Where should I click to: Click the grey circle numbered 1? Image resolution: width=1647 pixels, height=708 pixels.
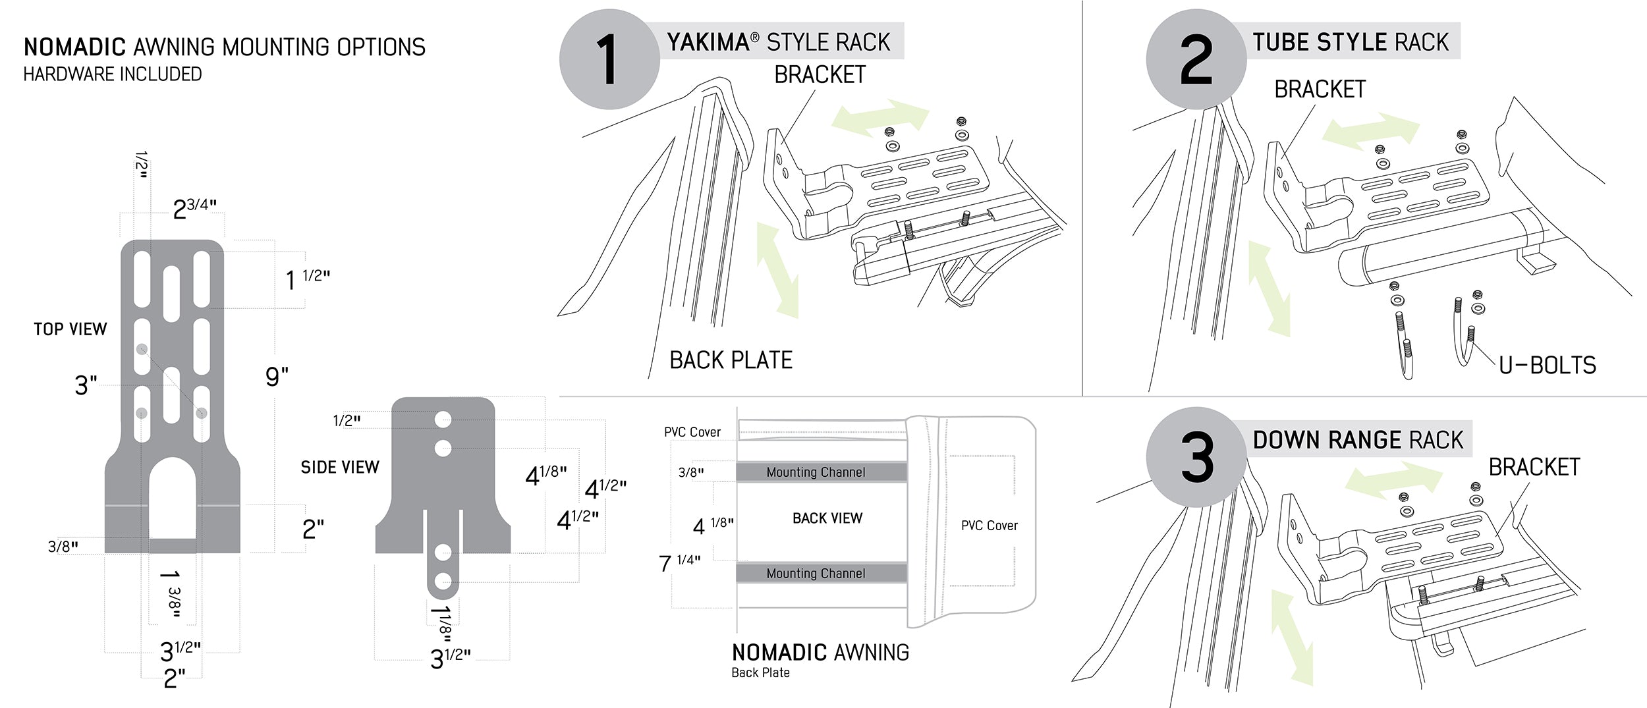[609, 59]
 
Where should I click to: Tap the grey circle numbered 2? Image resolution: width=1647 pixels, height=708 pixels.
[1196, 59]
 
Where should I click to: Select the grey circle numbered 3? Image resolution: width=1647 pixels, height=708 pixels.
[1196, 457]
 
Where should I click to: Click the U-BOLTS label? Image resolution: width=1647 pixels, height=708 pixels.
[1547, 366]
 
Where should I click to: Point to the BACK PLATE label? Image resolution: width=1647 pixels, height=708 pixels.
[731, 360]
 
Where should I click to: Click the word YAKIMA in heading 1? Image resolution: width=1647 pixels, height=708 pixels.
[708, 42]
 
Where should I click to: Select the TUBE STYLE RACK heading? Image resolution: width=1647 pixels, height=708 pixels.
[1351, 42]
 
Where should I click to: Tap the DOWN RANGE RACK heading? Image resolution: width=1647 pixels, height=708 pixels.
[1357, 440]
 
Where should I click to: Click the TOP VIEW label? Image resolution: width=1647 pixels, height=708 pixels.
[70, 329]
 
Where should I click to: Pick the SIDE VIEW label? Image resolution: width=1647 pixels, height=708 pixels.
[340, 468]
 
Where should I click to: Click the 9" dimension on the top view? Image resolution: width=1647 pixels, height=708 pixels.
[277, 377]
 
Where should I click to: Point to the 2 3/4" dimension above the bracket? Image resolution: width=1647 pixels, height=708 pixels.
[194, 209]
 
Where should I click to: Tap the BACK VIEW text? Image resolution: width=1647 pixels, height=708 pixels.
[827, 518]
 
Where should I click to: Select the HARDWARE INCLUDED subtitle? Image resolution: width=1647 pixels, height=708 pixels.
[113, 74]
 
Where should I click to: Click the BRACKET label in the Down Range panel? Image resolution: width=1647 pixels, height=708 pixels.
[1534, 468]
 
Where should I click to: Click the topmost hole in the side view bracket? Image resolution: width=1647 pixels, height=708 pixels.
[443, 420]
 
